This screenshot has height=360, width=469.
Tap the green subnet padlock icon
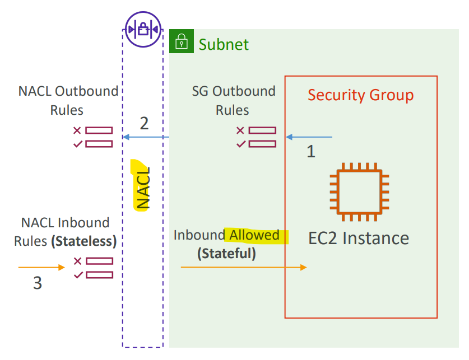[182, 41]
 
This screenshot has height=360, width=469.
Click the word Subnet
[224, 45]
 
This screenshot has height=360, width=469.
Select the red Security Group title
[361, 95]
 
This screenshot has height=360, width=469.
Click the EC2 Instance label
[359, 239]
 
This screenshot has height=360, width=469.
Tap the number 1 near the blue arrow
[311, 152]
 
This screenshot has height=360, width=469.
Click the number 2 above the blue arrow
[144, 123]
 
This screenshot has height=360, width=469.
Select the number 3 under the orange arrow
[38, 283]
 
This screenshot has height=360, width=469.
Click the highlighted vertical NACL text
[143, 188]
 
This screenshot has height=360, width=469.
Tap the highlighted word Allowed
[254, 235]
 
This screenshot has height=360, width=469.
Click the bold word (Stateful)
[227, 254]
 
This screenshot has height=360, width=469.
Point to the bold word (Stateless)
[83, 241]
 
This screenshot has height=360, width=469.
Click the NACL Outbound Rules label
[68, 100]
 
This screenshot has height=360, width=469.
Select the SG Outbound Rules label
[233, 100]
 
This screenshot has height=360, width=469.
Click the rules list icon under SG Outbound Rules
[256, 137]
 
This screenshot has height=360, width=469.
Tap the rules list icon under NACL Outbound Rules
[93, 137]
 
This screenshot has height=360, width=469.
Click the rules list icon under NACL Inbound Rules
[94, 268]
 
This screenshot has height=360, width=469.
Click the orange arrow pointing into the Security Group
[244, 267]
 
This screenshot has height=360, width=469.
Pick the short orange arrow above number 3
[41, 267]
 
